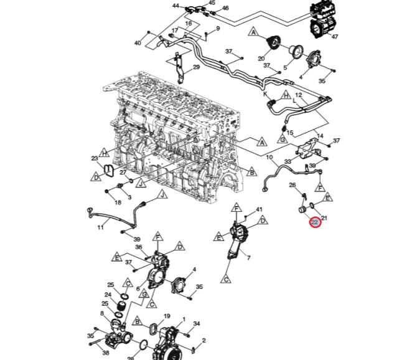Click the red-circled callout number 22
315,222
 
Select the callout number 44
176,6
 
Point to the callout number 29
195,67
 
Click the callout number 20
261,58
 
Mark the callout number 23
95,158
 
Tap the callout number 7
248,258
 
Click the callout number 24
108,295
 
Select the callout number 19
167,316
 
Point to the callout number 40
138,43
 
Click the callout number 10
269,158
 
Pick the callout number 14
320,136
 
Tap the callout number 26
292,184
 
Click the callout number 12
298,95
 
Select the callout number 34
196,324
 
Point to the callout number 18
118,202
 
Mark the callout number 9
218,29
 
